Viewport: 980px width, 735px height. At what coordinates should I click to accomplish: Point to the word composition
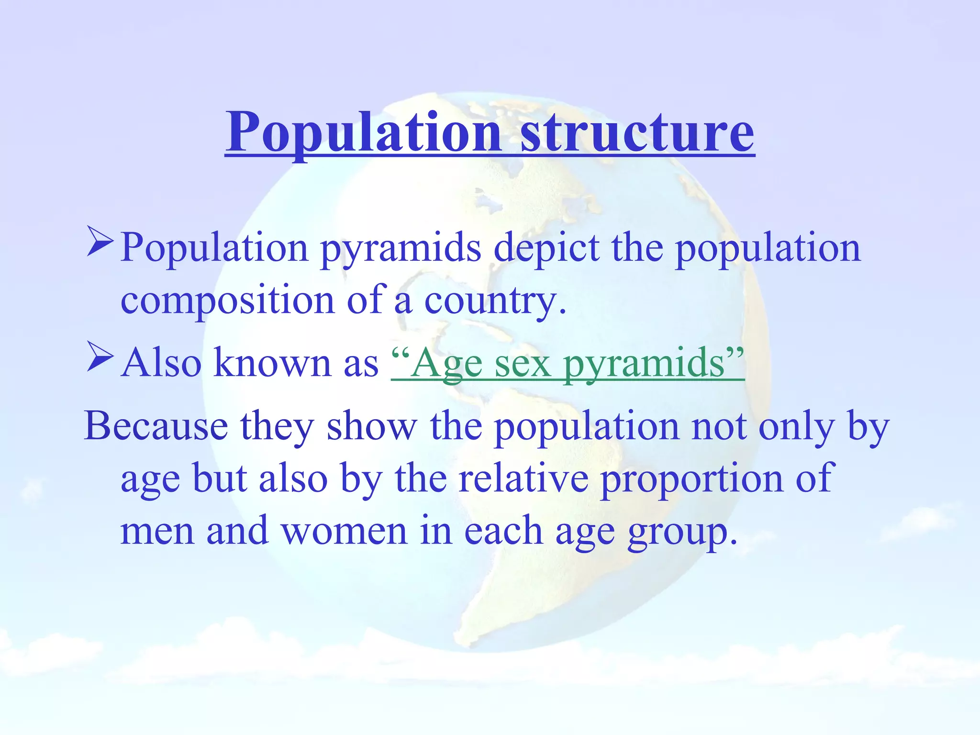[227, 301]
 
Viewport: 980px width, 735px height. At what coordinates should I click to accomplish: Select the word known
[272, 363]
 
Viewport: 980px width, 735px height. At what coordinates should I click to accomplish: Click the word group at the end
[681, 533]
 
